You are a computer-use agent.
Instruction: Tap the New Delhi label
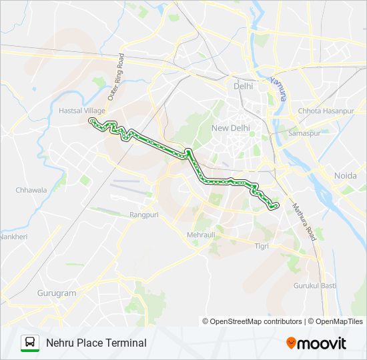point(229,128)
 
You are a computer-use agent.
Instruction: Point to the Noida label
point(344,175)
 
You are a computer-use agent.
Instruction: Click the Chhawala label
point(31,190)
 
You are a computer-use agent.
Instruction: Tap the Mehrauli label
point(201,235)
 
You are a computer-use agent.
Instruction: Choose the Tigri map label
point(261,246)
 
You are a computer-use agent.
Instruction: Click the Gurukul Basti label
point(314,285)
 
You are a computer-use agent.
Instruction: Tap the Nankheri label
point(13,237)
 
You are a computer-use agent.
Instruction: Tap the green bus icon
point(30,343)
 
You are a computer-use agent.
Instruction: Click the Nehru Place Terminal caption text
point(96,343)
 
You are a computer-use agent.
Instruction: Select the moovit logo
point(316,343)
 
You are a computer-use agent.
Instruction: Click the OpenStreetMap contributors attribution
point(252,321)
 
